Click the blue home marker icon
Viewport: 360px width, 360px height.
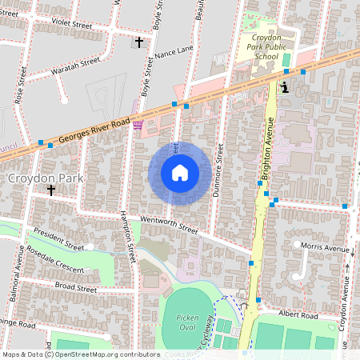(x=180, y=173)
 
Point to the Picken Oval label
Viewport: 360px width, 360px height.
(x=186, y=322)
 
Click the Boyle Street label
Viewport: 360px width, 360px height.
(x=147, y=76)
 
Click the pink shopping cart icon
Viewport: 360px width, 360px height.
(x=138, y=124)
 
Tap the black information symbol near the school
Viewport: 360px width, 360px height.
(x=286, y=87)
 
